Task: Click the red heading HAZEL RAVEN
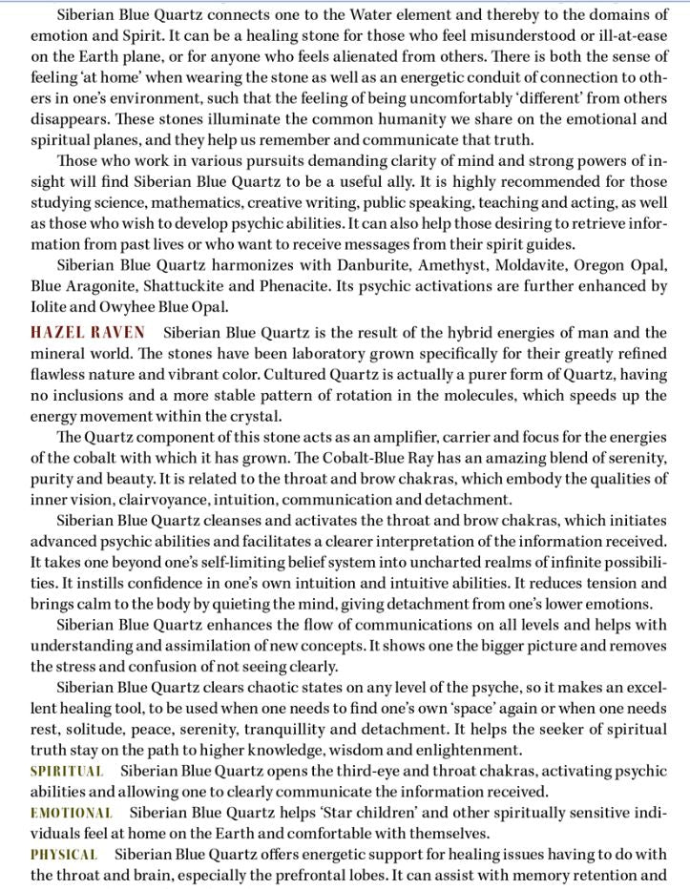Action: click(x=88, y=332)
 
